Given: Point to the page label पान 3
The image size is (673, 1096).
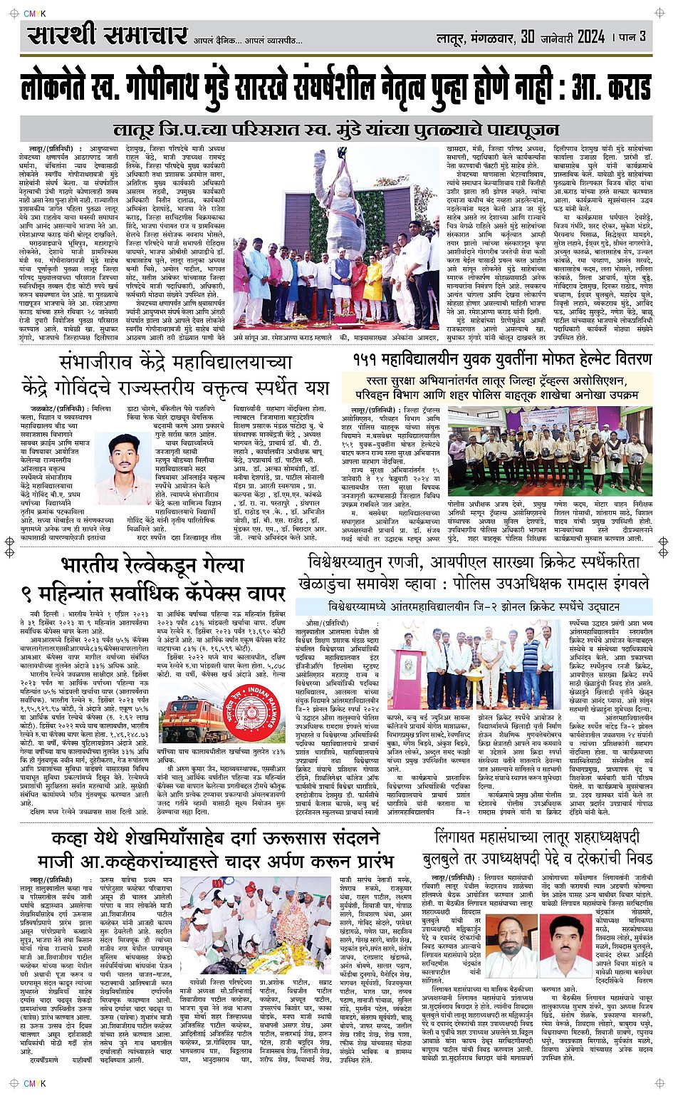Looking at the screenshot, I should coord(632,36).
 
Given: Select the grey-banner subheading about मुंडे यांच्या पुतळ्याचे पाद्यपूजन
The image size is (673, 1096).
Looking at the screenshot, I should coord(336,130).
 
